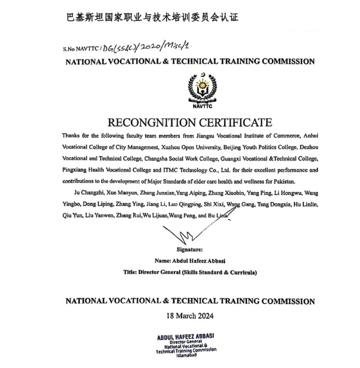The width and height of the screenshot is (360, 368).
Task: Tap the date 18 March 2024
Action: pyautogui.click(x=190, y=316)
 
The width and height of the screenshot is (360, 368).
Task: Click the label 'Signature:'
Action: pyautogui.click(x=189, y=249)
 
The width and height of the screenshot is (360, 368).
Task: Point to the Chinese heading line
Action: pyautogui.click(x=152, y=17)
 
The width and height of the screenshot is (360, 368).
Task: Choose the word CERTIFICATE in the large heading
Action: pyautogui.click(x=235, y=123)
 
